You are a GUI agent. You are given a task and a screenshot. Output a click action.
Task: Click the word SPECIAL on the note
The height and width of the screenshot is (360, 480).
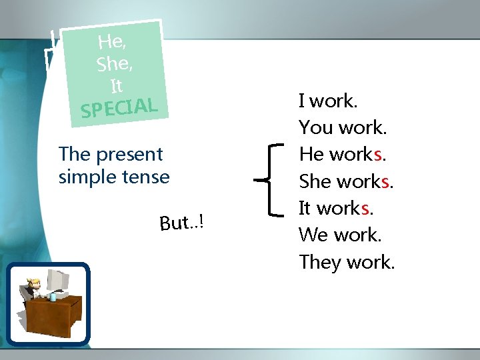coord(119,108)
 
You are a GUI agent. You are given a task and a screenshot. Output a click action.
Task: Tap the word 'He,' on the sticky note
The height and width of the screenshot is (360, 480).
coord(111,41)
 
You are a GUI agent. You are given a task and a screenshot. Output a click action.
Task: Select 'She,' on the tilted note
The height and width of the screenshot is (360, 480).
coord(114,63)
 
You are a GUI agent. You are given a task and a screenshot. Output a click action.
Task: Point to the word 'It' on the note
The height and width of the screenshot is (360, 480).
coord(117,86)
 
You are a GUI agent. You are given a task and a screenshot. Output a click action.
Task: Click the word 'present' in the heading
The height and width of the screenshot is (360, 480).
coord(129,155)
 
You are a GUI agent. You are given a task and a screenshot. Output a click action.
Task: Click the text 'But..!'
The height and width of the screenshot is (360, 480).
coord(180,222)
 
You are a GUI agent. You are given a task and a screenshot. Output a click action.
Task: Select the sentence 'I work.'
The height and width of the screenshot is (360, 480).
coord(328,101)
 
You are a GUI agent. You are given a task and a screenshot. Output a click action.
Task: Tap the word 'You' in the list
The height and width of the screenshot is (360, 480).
coord(316,128)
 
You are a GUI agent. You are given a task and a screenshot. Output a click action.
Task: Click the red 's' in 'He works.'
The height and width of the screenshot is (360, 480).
coord(377,155)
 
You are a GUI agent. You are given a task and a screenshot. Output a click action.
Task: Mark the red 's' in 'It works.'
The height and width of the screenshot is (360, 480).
coord(365,208)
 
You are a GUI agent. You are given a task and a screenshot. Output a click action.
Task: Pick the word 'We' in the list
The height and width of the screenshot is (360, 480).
coord(313,235)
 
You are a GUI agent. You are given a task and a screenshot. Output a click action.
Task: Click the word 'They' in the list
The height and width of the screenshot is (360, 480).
coord(320,262)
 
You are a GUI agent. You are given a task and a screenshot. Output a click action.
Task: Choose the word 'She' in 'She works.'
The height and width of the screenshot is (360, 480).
coord(315,181)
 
